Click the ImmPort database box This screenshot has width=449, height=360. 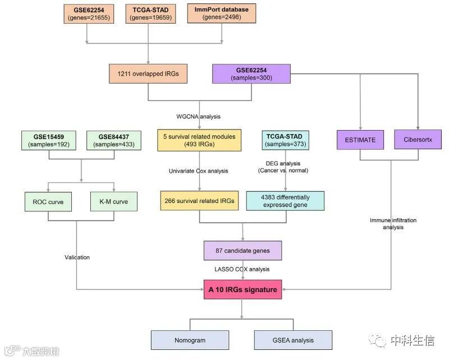click(222, 14)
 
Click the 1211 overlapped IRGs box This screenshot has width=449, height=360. click(148, 73)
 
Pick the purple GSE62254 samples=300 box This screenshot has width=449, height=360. click(251, 74)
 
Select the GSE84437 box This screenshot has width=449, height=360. click(113, 140)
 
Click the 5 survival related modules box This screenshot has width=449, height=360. click(200, 140)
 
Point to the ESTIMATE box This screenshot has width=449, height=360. click(360, 140)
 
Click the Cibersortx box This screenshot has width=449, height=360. click(419, 140)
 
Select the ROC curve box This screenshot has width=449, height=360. click(48, 202)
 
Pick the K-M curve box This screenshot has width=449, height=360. click(113, 202)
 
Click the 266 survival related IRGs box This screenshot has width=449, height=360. click(200, 201)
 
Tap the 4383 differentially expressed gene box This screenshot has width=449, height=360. click(285, 201)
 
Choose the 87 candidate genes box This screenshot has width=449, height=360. click(242, 251)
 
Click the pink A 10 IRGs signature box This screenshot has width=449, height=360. click(242, 289)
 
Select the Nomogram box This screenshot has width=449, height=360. click(190, 340)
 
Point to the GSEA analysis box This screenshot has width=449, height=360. click(292, 340)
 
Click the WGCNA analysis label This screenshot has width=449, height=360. click(198, 117)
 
